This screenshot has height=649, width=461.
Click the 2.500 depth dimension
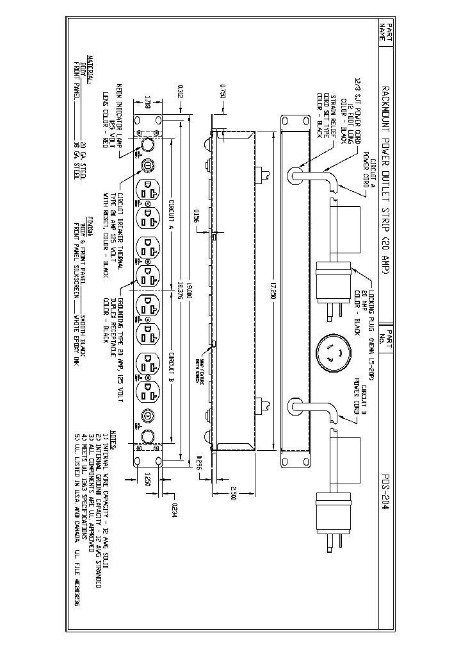click(234, 496)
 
